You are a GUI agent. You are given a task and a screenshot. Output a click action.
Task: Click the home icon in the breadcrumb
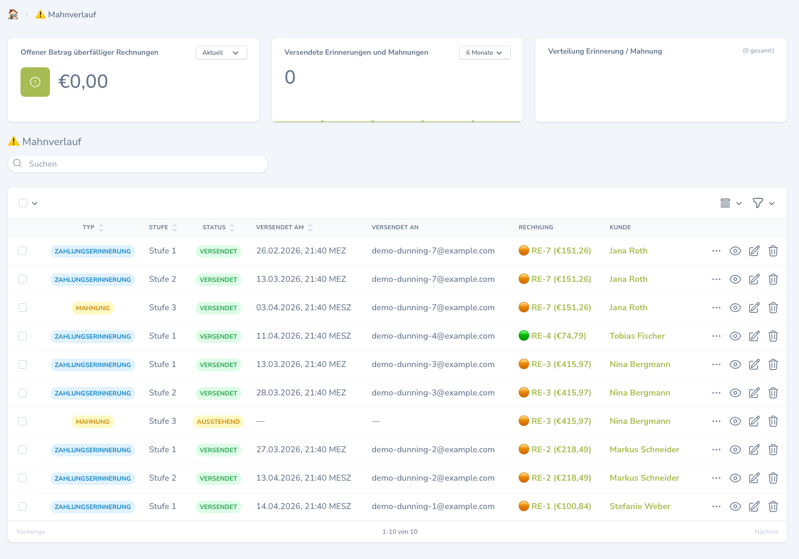(x=13, y=14)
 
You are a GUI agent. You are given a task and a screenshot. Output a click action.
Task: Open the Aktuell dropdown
(x=221, y=53)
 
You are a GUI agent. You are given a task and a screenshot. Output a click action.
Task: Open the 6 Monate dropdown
(x=484, y=53)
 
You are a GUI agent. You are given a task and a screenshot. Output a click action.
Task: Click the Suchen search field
(x=138, y=164)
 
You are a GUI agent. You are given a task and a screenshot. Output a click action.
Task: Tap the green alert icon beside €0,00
(x=35, y=82)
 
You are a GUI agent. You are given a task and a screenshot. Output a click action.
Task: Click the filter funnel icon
(x=757, y=203)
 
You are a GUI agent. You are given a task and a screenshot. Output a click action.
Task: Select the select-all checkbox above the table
(x=23, y=203)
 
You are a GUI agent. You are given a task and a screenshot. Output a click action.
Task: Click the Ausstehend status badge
(x=218, y=421)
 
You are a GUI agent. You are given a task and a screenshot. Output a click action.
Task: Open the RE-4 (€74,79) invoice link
(x=559, y=336)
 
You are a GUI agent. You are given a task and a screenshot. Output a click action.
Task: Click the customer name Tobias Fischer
(x=637, y=336)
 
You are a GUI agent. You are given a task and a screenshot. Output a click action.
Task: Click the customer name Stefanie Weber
(x=640, y=506)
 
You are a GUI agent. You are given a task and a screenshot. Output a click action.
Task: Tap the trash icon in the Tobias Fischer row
(x=773, y=336)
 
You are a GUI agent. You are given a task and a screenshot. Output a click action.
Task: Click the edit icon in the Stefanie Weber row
(x=754, y=506)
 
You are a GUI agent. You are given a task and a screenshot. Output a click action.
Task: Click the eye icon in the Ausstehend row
(x=735, y=421)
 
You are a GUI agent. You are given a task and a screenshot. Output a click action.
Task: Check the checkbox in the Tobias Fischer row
(x=23, y=336)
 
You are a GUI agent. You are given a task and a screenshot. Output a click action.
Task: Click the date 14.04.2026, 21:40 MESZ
(x=304, y=506)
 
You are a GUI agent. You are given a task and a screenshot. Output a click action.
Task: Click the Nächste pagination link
(x=766, y=532)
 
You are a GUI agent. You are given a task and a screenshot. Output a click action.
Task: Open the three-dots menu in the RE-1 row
(x=716, y=506)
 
